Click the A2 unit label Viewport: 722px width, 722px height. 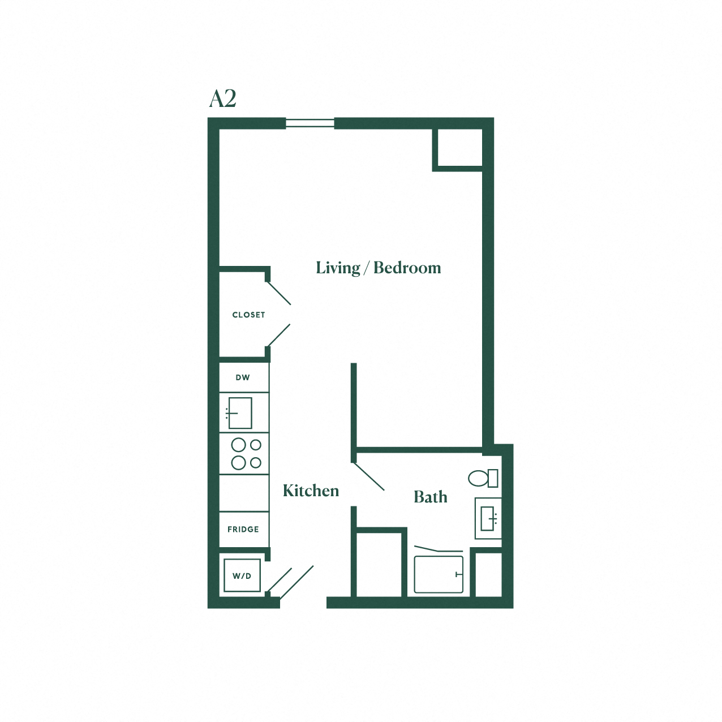(222, 99)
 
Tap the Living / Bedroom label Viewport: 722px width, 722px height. (379, 268)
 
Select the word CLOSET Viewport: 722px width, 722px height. (248, 315)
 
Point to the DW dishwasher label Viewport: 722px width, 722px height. (243, 377)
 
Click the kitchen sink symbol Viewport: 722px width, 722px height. (239, 413)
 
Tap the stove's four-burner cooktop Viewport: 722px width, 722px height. (246, 454)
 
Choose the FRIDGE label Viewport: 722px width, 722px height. (243, 529)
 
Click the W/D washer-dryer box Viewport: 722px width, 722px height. (242, 575)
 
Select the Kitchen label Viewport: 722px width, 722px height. (311, 491)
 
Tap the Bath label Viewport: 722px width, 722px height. (431, 497)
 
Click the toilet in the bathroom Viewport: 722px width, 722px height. (483, 478)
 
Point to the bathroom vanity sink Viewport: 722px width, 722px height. (488, 518)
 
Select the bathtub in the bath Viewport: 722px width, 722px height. (439, 574)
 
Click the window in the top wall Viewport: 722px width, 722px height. (310, 123)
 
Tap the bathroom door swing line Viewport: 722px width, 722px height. (369, 476)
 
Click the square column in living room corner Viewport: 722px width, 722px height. (458, 148)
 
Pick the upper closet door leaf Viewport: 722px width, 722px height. (278, 293)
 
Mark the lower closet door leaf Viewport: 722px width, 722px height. (279, 336)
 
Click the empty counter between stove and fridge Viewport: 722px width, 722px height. (244, 493)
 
